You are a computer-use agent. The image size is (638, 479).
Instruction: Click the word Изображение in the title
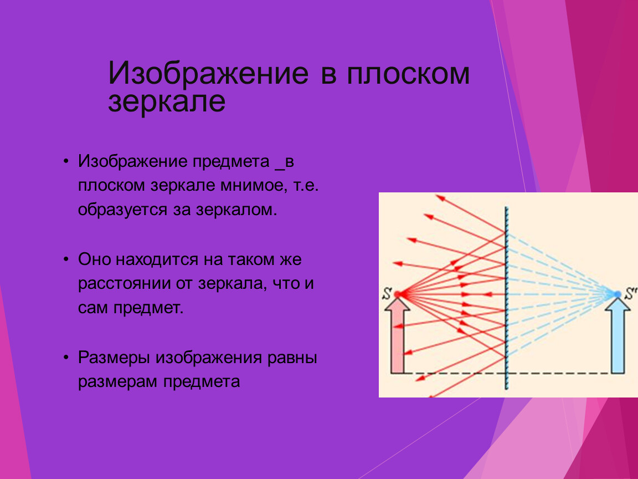point(208,74)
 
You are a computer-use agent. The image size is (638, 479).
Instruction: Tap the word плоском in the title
point(408,74)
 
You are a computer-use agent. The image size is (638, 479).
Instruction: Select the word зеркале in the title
point(166,102)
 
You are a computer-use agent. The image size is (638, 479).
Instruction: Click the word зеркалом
point(236,210)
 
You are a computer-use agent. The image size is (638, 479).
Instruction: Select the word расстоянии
point(124,284)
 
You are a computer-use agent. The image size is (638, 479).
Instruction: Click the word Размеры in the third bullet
point(114,358)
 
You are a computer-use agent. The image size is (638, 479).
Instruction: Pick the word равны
point(292,358)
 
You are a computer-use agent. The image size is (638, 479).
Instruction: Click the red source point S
point(398,294)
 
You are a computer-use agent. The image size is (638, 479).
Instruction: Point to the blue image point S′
point(618,294)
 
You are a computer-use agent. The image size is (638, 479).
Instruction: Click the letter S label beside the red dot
point(387,294)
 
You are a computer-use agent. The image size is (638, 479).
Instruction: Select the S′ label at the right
point(630,293)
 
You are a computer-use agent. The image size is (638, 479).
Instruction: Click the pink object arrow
point(398,335)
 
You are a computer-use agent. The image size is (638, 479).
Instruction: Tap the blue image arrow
point(618,335)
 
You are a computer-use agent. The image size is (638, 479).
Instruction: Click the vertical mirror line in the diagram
point(507,298)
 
